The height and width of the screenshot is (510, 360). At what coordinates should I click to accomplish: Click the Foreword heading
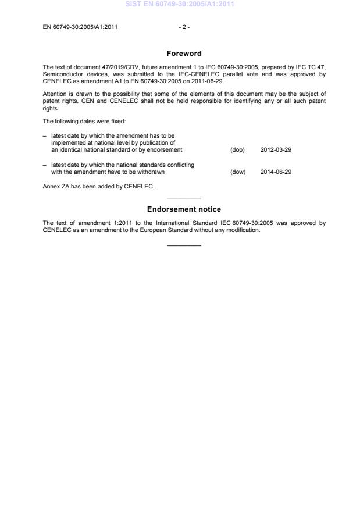[184, 54]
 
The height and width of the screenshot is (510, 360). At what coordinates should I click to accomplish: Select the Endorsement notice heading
[184, 209]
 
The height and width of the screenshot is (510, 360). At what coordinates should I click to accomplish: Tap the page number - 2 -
[184, 27]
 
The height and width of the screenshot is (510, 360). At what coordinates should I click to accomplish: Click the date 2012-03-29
[276, 150]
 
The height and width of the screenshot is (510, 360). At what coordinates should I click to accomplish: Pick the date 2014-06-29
[276, 172]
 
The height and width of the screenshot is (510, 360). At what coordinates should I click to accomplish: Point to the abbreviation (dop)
[237, 150]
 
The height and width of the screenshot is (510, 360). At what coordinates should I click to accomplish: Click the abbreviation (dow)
[238, 172]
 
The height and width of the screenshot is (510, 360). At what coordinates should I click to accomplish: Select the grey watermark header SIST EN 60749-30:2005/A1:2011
[180, 5]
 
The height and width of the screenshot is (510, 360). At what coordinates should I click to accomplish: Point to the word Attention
[55, 94]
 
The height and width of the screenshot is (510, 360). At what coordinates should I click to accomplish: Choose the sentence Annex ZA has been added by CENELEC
[98, 187]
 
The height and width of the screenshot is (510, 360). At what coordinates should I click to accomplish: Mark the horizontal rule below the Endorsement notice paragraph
[184, 245]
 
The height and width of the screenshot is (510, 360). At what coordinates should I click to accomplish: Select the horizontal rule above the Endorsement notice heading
[184, 198]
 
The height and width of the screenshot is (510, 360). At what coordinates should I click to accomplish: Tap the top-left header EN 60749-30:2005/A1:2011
[80, 27]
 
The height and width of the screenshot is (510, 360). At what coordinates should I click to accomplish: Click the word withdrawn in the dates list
[151, 172]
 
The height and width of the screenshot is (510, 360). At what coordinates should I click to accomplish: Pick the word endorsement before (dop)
[166, 150]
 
